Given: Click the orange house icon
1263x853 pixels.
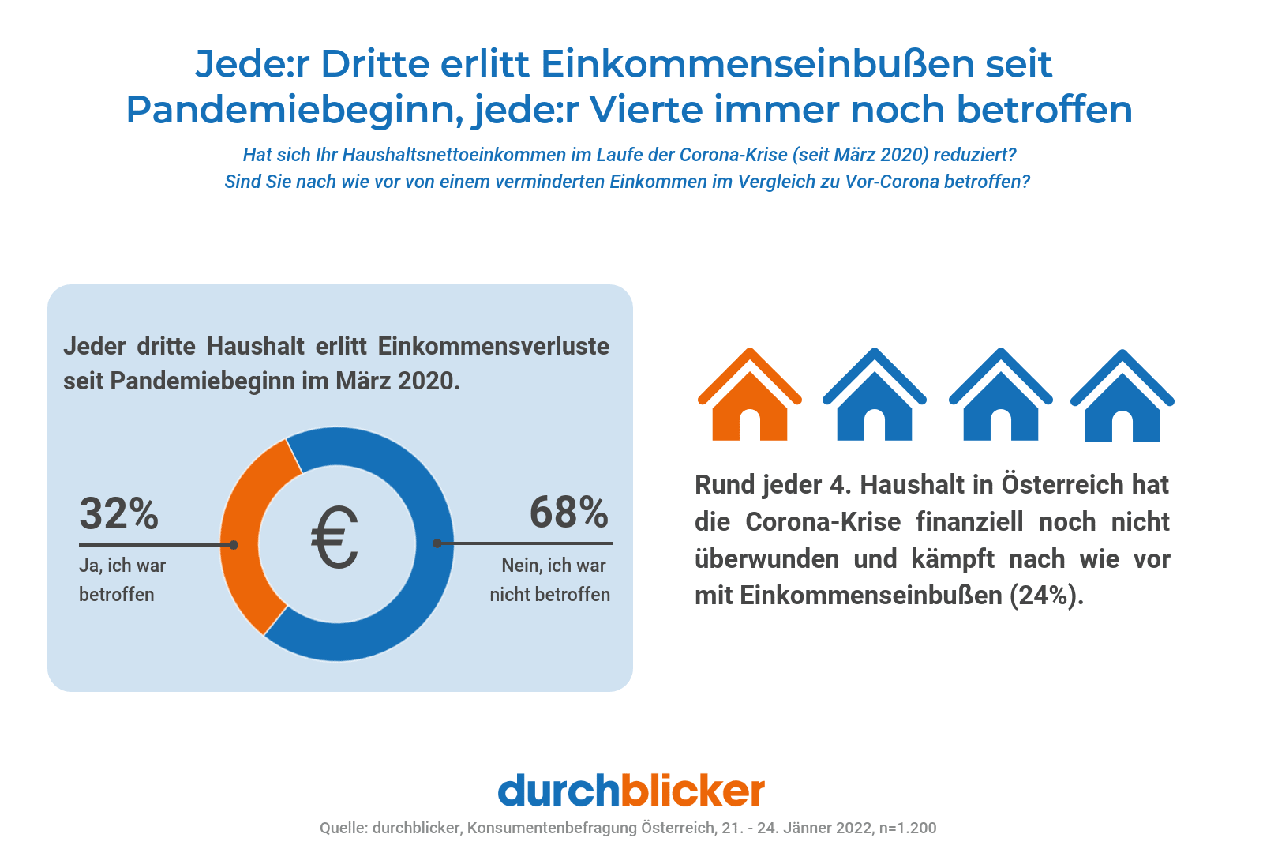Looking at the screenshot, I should click(749, 399).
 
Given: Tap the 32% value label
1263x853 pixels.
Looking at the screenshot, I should click(119, 514).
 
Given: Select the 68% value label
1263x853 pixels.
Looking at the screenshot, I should click(568, 513).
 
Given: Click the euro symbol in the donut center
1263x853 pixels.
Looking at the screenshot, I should click(335, 538).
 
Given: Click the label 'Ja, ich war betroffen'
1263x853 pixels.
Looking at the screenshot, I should click(122, 580).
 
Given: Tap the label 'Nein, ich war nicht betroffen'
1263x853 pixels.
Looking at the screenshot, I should click(550, 580).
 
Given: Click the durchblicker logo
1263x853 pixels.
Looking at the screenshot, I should click(631, 791).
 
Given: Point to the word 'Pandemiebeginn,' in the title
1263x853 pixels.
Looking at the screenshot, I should click(294, 110).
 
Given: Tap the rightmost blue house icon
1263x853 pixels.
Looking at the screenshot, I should click(1122, 399).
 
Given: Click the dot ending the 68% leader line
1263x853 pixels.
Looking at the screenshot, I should click(437, 543).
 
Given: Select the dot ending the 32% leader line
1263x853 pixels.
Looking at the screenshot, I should click(234, 545).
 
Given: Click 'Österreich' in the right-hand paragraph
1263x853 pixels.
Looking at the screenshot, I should click(1062, 485).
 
